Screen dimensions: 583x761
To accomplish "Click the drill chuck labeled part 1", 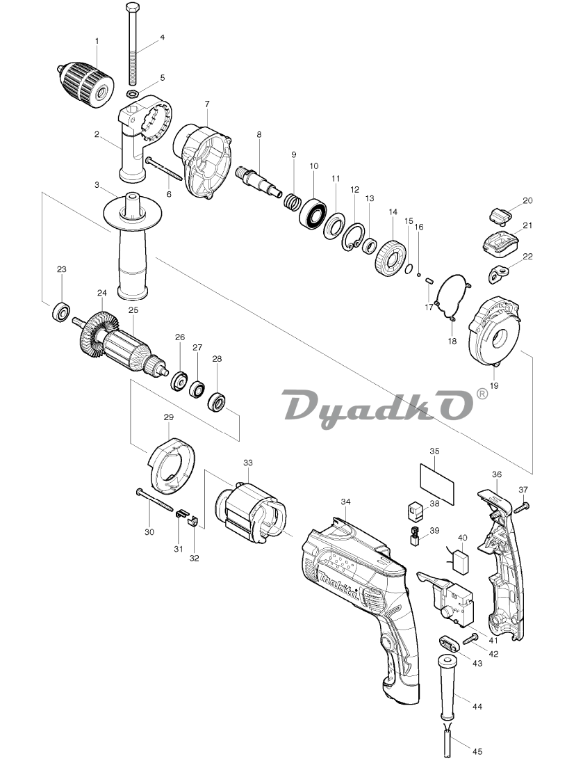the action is (85, 84).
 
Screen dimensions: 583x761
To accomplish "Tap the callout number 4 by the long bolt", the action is (163, 37).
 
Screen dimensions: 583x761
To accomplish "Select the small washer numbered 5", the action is (132, 93).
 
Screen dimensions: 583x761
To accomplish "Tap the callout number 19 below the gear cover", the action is (494, 386).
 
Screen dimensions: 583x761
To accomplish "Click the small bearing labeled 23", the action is (62, 312).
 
